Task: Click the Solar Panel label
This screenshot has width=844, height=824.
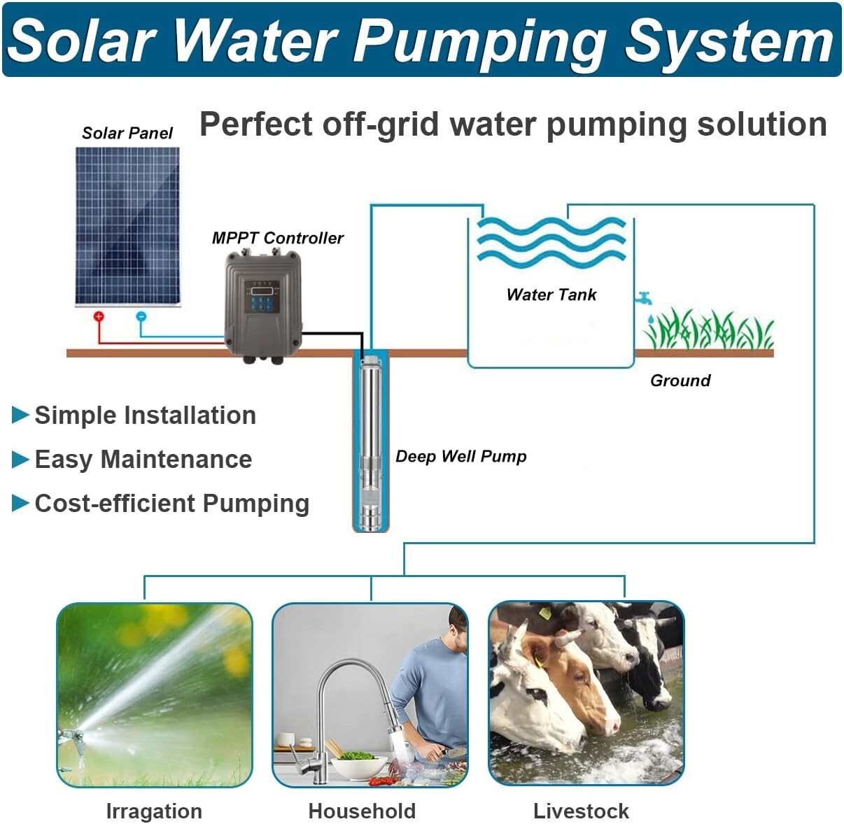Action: [x=127, y=134]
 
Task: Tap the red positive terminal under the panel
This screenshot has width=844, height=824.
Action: [x=99, y=317]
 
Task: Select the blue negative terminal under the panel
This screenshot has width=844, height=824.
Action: [x=141, y=317]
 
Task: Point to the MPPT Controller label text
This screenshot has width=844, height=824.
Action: [x=277, y=239]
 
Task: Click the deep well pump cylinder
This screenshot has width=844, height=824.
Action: [x=370, y=441]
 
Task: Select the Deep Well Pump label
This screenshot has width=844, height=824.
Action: [x=460, y=457]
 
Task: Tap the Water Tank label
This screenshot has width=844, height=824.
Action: [x=551, y=294]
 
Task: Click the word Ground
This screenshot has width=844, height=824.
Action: [x=680, y=381]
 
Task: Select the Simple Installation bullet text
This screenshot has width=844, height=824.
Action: [x=145, y=415]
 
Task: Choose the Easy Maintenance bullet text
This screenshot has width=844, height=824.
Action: [x=143, y=460]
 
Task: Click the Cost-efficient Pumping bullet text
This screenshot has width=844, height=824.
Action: [x=171, y=504]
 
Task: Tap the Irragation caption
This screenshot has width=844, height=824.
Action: [x=154, y=811]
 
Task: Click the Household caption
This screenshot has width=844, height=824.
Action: [x=362, y=811]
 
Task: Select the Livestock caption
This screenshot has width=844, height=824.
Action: [x=581, y=811]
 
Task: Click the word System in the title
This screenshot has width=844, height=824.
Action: [x=728, y=41]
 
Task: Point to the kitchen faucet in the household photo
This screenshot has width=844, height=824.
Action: [x=343, y=692]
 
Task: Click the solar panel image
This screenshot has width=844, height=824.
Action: [x=127, y=226]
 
